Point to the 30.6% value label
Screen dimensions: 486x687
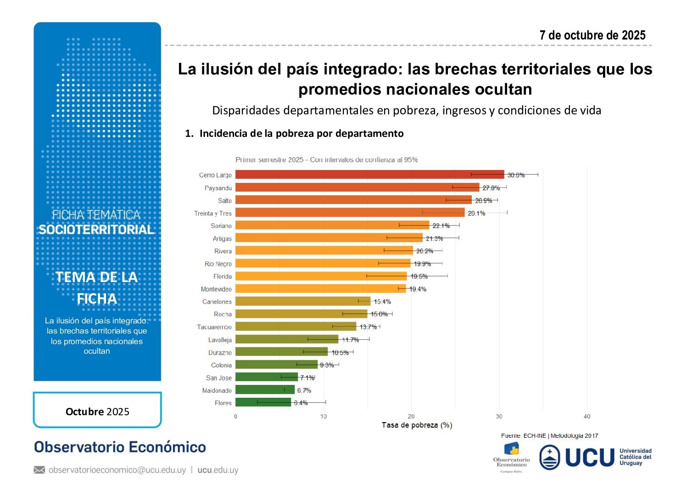(516, 175)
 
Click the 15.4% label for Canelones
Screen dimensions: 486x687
(382, 302)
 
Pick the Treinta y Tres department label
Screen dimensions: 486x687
(213, 213)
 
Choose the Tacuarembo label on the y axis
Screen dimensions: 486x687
(214, 327)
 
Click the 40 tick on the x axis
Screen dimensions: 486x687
(587, 416)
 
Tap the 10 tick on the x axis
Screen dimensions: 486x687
(324, 416)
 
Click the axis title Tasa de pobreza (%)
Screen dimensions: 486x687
(417, 425)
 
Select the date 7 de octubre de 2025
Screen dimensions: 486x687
(592, 35)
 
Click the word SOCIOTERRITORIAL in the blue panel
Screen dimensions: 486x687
(96, 230)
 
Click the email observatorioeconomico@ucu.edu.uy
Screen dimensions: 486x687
(117, 470)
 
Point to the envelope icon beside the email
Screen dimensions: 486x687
(39, 470)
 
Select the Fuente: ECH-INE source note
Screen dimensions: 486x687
(549, 435)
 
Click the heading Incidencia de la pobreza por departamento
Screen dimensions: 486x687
(301, 133)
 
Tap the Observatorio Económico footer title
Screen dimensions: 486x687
(120, 447)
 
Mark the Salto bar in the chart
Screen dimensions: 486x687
(353, 200)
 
